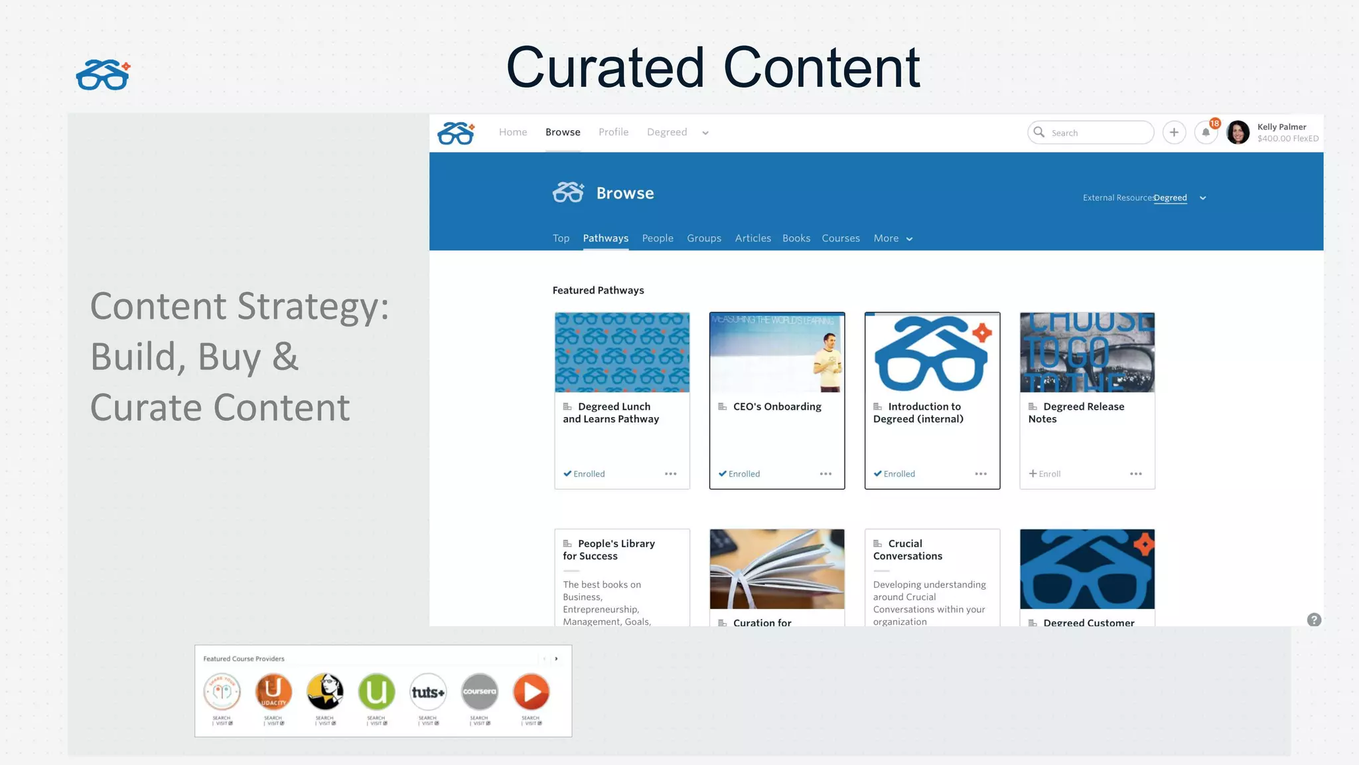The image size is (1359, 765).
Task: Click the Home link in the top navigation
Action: [513, 132]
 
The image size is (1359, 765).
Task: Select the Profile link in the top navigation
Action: [613, 132]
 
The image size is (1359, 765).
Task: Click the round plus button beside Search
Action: [1174, 133]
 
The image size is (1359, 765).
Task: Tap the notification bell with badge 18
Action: [1206, 133]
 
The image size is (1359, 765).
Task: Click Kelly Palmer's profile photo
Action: [1238, 133]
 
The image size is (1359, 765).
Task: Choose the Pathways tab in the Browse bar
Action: [605, 238]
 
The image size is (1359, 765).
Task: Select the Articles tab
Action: [752, 238]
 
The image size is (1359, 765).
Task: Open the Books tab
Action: [796, 238]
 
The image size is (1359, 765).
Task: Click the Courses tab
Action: [840, 238]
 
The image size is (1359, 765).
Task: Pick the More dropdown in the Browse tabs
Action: [893, 238]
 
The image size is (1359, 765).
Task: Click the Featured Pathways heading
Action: [598, 290]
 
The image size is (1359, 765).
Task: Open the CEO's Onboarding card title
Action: [776, 406]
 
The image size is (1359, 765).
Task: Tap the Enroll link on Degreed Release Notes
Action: [1045, 474]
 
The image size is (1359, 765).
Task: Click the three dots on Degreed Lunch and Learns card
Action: [670, 474]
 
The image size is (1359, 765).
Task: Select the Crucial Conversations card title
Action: [907, 550]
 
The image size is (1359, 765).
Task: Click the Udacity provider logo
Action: [273, 692]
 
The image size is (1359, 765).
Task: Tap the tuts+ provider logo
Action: [428, 692]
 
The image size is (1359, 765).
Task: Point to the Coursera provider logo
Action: [479, 692]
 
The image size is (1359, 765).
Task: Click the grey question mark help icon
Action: [1314, 620]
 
